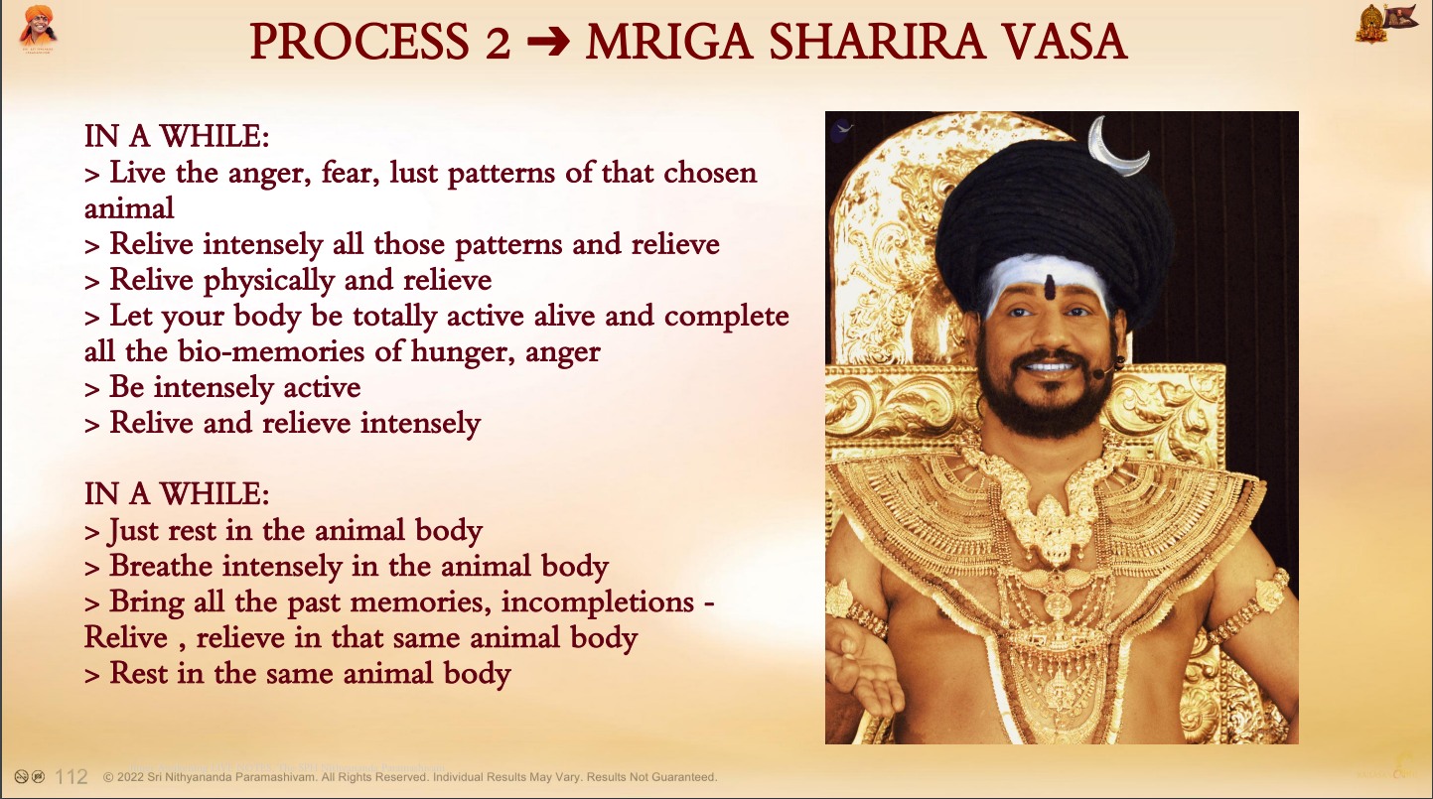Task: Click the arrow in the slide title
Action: [548, 43]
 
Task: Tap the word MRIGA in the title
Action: [668, 43]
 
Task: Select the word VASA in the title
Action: [1061, 43]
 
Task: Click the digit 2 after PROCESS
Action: [498, 43]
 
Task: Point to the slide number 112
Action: [72, 776]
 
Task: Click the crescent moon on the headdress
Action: [1116, 148]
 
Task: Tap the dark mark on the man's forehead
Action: [1050, 288]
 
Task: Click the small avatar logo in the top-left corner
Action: [38, 29]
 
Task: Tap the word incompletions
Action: [598, 602]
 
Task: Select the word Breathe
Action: [161, 567]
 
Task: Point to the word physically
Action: [269, 281]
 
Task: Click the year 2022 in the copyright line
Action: [130, 777]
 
